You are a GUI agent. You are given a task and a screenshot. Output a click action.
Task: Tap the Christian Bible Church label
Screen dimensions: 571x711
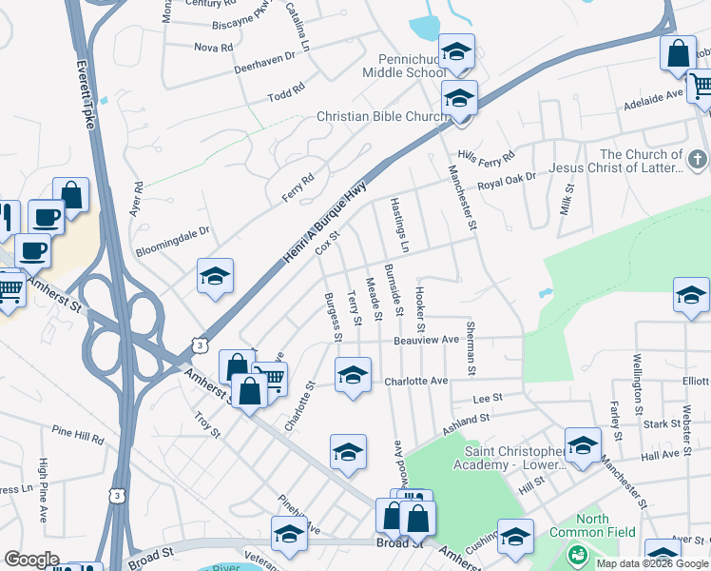click(382, 116)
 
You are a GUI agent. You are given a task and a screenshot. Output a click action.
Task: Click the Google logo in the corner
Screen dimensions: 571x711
click(31, 560)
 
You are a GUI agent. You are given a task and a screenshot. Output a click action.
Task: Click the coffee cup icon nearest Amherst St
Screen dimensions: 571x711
click(33, 252)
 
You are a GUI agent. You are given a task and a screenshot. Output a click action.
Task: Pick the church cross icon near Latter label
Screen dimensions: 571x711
click(699, 158)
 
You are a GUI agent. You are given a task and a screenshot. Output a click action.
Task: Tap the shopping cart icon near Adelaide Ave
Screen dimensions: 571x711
click(701, 87)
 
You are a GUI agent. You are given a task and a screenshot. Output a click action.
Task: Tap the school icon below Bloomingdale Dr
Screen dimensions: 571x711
click(216, 276)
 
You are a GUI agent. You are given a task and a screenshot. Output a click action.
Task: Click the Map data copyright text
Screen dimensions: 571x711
click(652, 563)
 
